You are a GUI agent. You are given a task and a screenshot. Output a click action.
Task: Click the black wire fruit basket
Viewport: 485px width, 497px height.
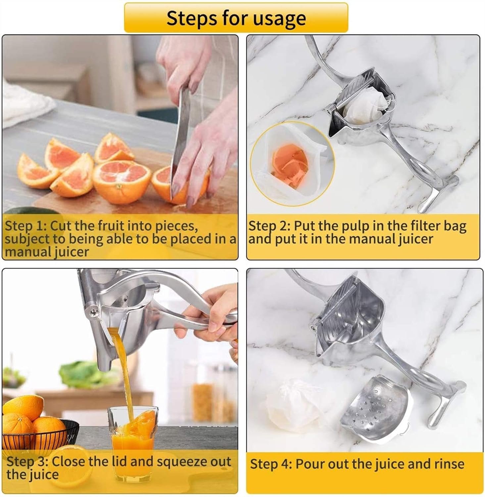point(40,434)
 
